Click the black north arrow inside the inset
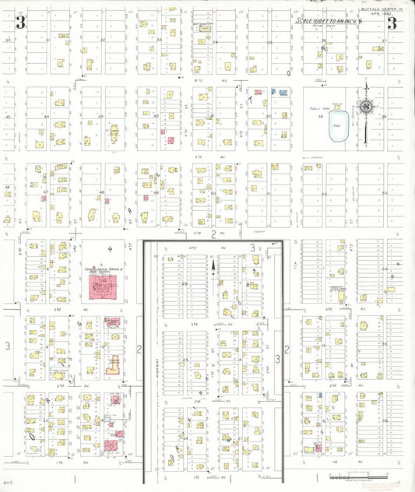(x=214, y=267)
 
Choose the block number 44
(x=47, y=117)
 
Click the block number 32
(x=104, y=39)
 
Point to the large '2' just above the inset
(x=213, y=234)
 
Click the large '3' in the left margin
(x=7, y=344)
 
